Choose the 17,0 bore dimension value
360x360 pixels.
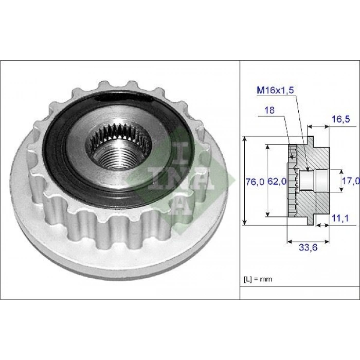point(350,181)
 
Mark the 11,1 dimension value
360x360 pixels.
point(340,219)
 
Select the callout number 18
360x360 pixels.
point(270,110)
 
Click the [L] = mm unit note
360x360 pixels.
point(258,279)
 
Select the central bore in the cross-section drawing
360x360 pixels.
point(314,181)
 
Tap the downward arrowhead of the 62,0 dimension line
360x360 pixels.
point(267,213)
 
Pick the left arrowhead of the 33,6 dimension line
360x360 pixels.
point(289,240)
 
